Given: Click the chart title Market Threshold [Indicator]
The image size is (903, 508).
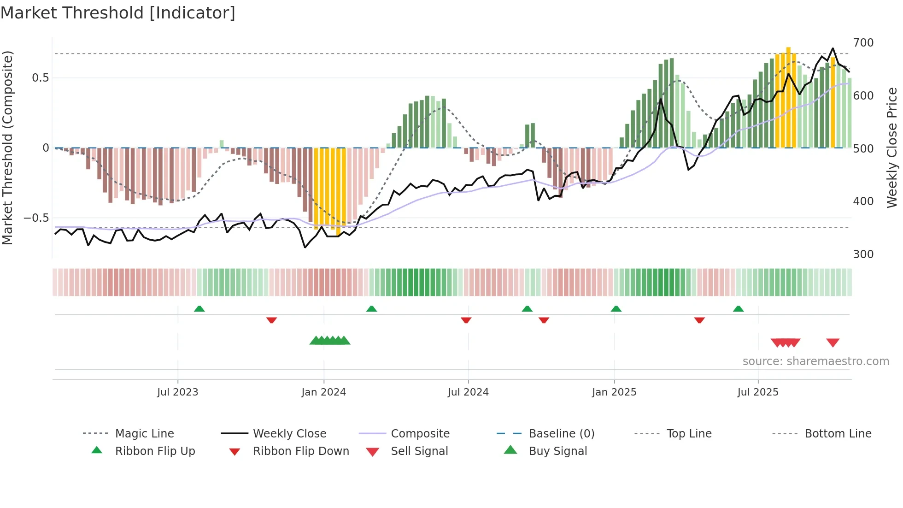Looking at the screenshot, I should (x=118, y=13).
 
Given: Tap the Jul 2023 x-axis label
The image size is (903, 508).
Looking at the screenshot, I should (x=177, y=392).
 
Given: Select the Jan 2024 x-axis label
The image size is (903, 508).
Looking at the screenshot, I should (x=323, y=392).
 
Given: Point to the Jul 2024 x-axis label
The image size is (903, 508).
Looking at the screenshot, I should (x=468, y=392).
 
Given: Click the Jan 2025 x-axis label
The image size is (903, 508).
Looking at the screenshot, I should (x=614, y=392).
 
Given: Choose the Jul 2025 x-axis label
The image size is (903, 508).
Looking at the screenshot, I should (x=758, y=392).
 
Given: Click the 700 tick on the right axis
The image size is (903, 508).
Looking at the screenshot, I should (x=863, y=43).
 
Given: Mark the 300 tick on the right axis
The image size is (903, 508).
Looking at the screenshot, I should (x=863, y=254).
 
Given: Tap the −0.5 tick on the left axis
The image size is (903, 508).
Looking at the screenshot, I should (x=36, y=218).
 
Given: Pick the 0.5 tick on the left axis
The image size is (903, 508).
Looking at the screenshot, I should (x=41, y=78).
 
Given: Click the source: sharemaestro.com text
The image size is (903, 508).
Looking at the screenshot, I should (x=815, y=361).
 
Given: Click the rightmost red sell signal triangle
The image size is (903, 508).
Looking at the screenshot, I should (x=833, y=343).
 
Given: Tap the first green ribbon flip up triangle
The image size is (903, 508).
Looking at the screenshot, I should (x=199, y=309).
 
